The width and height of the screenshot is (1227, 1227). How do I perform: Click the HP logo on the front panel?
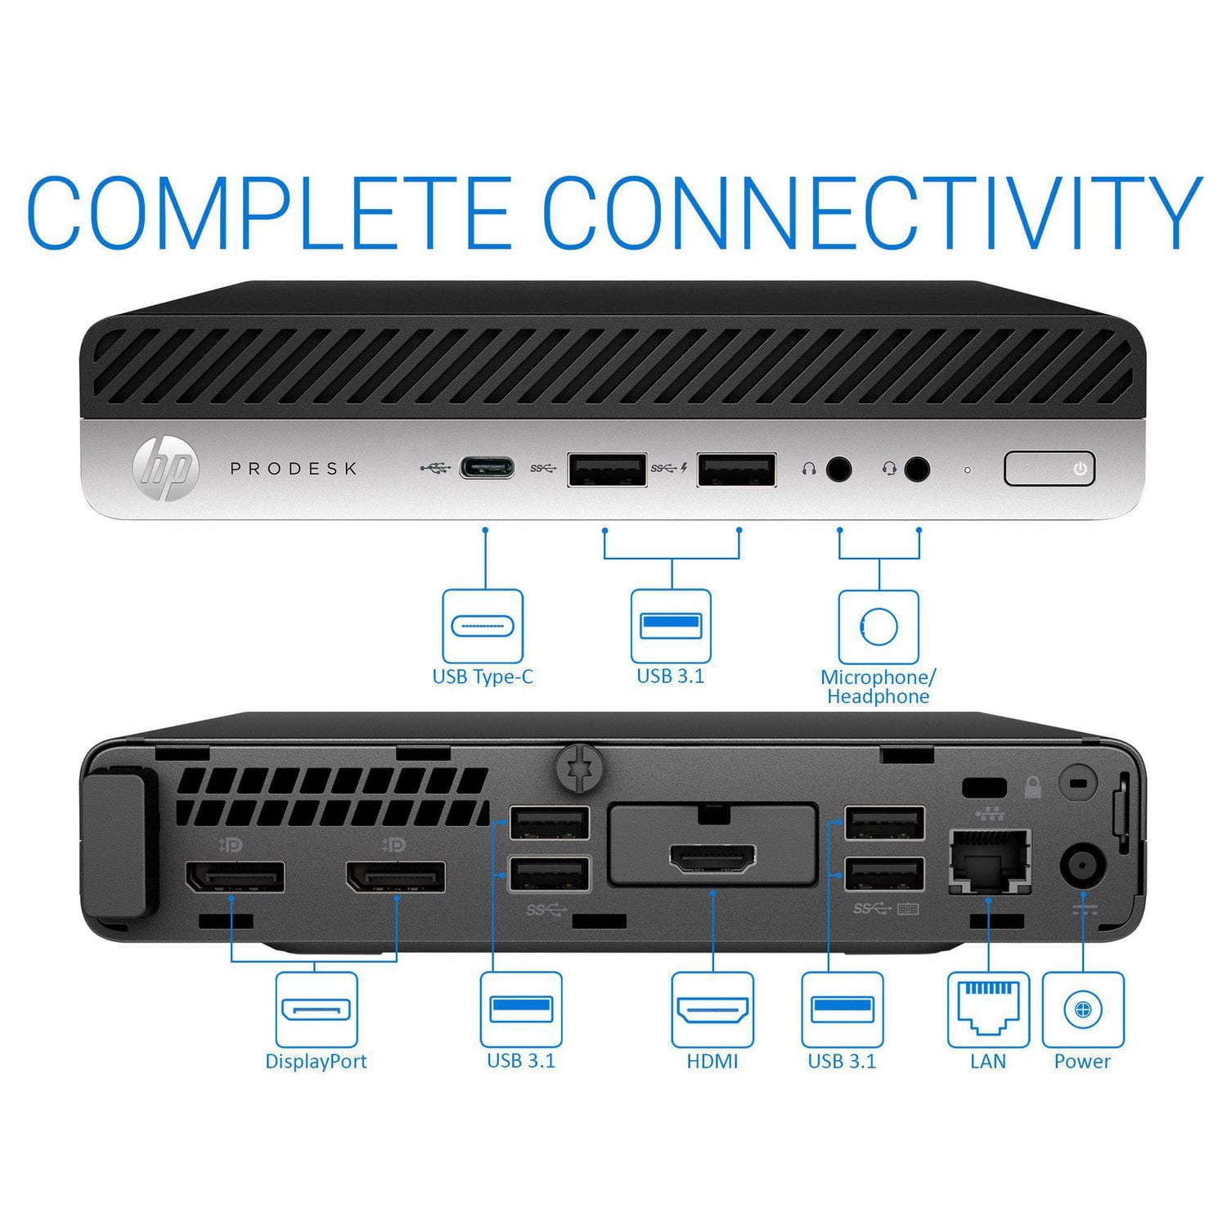pyautogui.click(x=166, y=469)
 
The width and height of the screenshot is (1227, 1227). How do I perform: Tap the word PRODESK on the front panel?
pyautogui.click(x=294, y=469)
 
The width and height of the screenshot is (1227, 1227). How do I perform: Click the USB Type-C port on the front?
pyautogui.click(x=487, y=468)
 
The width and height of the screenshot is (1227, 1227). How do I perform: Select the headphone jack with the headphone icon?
pyautogui.click(x=838, y=470)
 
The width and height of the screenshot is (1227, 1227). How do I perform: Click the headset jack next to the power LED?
pyautogui.click(x=918, y=470)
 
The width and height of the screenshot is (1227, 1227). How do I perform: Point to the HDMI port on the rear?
pyautogui.click(x=712, y=858)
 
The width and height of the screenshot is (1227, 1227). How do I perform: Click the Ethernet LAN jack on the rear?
pyautogui.click(x=989, y=861)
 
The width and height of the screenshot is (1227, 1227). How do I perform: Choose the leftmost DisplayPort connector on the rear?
pyautogui.click(x=236, y=877)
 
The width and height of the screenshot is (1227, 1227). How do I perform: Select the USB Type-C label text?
pyautogui.click(x=483, y=677)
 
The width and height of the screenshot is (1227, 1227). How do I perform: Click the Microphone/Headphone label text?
pyautogui.click(x=878, y=687)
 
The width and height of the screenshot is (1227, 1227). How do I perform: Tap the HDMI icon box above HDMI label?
pyautogui.click(x=712, y=1009)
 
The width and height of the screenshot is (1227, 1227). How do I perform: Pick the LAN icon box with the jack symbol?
pyautogui.click(x=988, y=1009)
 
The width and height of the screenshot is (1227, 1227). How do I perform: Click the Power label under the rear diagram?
pyautogui.click(x=1081, y=1062)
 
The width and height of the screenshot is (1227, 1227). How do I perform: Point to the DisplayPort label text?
pyautogui.click(x=316, y=1062)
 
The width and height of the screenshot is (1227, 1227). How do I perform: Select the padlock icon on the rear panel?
pyautogui.click(x=1032, y=787)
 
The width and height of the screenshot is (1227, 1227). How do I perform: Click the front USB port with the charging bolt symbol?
pyautogui.click(x=736, y=470)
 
